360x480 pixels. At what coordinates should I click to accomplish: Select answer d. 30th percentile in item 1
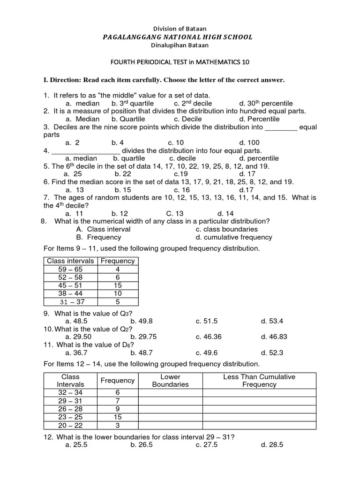click(x=265, y=103)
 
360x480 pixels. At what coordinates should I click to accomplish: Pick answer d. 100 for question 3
click(x=249, y=142)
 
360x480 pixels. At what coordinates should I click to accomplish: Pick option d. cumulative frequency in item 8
click(x=233, y=237)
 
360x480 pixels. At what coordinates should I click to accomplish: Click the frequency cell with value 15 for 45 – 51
click(x=118, y=285)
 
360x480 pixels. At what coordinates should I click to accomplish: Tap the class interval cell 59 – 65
click(x=70, y=269)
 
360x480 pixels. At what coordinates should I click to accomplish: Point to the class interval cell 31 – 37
click(x=70, y=302)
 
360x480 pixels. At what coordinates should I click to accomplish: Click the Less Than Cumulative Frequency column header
click(x=259, y=381)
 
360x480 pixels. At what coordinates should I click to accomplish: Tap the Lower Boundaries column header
click(x=170, y=381)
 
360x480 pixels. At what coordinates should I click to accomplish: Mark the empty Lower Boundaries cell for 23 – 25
click(x=170, y=417)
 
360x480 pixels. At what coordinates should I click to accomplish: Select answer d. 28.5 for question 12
click(x=272, y=445)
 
